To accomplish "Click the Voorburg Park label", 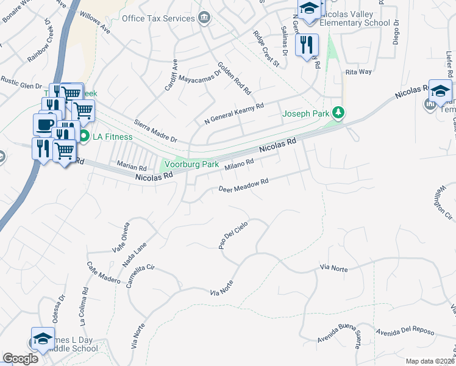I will [193, 164].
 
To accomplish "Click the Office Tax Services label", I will [159, 18].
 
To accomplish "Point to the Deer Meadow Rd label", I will [244, 185].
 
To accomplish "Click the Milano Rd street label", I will [238, 165].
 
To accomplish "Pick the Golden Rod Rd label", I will [235, 77].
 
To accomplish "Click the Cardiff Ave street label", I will [171, 75].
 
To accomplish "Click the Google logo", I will [20, 359].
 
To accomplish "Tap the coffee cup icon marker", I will [43, 124].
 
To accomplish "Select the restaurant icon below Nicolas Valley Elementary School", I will [306, 45].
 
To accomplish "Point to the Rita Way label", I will [358, 72].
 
